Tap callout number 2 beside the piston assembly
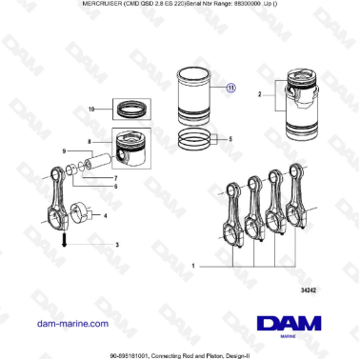click(259, 94)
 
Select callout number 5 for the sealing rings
click(230, 139)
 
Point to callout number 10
click(91, 110)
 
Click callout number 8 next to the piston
click(89, 141)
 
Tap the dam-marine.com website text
click(70, 323)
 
